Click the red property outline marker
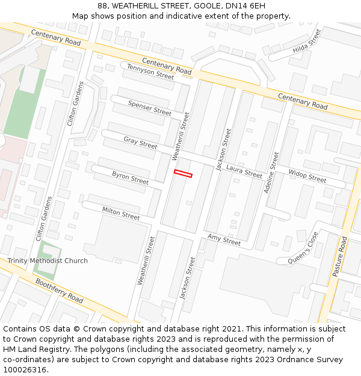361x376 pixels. [183, 174]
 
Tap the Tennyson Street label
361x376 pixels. [150, 72]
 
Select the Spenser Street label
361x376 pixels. [150, 108]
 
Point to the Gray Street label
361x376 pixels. [140, 143]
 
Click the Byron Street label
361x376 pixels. [130, 177]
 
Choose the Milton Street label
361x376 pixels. [120, 212]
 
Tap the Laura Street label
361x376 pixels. [244, 171]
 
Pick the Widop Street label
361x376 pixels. [307, 176]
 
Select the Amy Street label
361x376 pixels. [224, 240]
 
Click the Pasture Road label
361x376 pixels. [341, 256]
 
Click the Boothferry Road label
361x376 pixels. [59, 290]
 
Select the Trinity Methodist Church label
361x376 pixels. [48, 260]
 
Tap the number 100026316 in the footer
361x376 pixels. [24, 369]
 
